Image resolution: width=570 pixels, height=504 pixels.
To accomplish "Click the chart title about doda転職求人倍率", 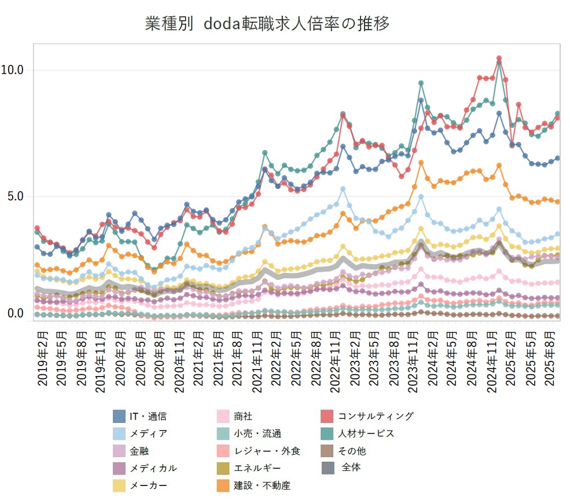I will (267, 24).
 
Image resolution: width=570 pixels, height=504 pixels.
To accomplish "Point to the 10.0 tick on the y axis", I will (12, 70).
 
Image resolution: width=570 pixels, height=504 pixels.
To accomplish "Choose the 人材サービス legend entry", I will (366, 433).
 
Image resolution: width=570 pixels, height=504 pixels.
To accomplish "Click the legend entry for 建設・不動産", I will (262, 485).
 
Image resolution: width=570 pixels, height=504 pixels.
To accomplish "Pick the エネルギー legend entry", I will (258, 468).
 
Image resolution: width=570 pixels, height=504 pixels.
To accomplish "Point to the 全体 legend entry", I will (350, 468).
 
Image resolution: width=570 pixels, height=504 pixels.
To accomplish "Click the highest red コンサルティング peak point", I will (499, 59).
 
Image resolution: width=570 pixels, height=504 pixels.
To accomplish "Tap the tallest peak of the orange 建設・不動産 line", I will (421, 163).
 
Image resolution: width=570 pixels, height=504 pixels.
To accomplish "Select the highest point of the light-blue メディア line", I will (343, 189).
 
